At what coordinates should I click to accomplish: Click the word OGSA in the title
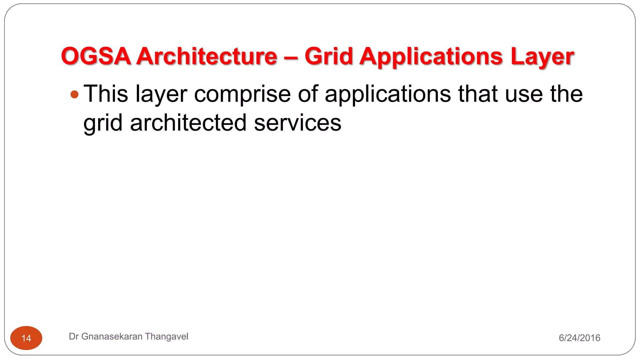pyautogui.click(x=96, y=56)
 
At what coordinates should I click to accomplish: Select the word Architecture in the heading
pyautogui.click(x=207, y=56)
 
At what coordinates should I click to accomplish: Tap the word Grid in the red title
pyautogui.click(x=328, y=56)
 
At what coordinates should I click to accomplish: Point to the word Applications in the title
pyautogui.click(x=431, y=57)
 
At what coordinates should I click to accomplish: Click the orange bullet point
pyautogui.click(x=74, y=94)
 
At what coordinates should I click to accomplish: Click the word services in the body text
pyautogui.click(x=297, y=123)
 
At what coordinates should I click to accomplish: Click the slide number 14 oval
pyautogui.click(x=26, y=338)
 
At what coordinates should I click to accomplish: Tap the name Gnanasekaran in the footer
pyautogui.click(x=112, y=337)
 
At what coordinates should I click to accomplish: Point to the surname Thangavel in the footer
pyautogui.click(x=167, y=337)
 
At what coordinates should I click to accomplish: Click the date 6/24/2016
pyautogui.click(x=579, y=338)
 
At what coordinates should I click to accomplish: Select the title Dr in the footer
pyautogui.click(x=73, y=337)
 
